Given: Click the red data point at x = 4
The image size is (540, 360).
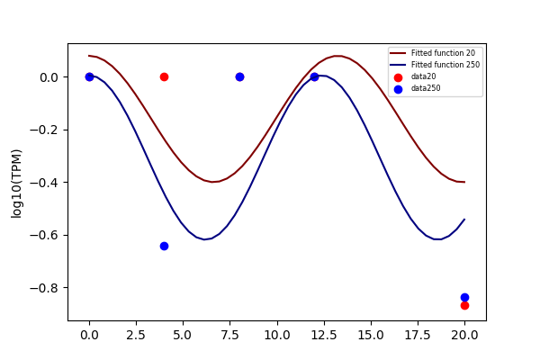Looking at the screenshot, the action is click(x=164, y=76).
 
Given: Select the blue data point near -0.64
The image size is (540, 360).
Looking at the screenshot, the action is click(x=164, y=246).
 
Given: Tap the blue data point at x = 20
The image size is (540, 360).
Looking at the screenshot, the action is click(x=464, y=297).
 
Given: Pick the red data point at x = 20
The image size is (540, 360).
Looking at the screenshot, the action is click(x=464, y=306).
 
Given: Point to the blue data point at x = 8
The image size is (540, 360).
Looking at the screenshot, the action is click(x=239, y=76).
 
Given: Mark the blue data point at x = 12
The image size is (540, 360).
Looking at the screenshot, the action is click(x=314, y=76).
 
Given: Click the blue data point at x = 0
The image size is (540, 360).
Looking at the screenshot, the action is click(x=89, y=76).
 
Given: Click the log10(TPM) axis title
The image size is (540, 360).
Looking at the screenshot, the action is click(x=16, y=184).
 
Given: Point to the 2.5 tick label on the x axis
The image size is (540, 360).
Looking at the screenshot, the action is click(x=136, y=335).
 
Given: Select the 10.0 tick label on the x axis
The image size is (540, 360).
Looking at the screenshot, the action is click(x=277, y=335).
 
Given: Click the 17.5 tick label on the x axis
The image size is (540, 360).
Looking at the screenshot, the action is click(x=418, y=335).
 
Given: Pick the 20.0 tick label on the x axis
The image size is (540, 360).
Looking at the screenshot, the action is click(x=464, y=335).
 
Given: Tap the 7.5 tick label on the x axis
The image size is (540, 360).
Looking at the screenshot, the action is click(x=230, y=335).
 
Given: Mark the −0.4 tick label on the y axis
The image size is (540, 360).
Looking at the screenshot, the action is click(x=44, y=183).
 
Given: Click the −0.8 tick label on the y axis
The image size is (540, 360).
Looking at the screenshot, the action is click(x=44, y=288).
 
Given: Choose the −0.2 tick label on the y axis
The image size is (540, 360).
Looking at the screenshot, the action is click(x=44, y=130).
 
